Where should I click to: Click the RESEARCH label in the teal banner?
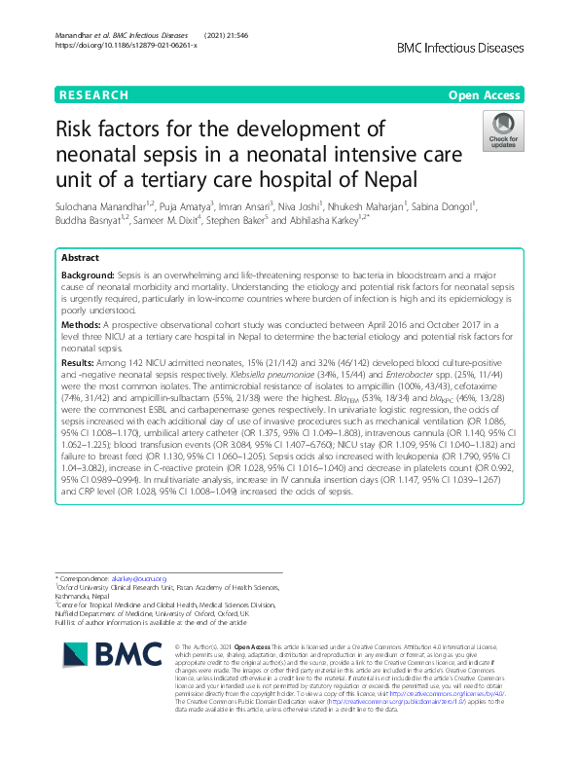(x=93, y=95)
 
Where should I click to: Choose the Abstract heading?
(x=80, y=259)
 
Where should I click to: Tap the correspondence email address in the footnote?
(x=142, y=579)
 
